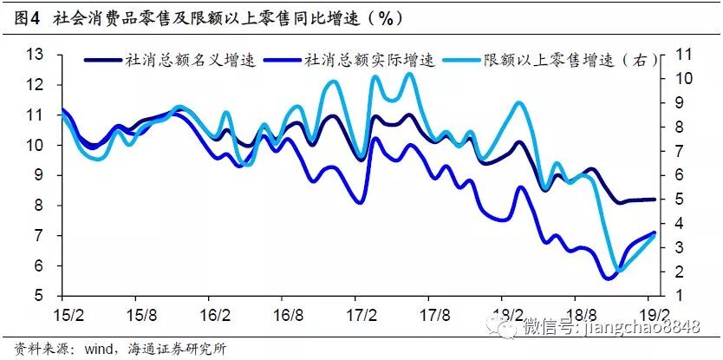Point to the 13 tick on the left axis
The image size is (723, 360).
coord(35,55)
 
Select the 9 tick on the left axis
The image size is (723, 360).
coord(39,175)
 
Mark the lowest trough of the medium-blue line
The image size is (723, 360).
coord(607,278)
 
